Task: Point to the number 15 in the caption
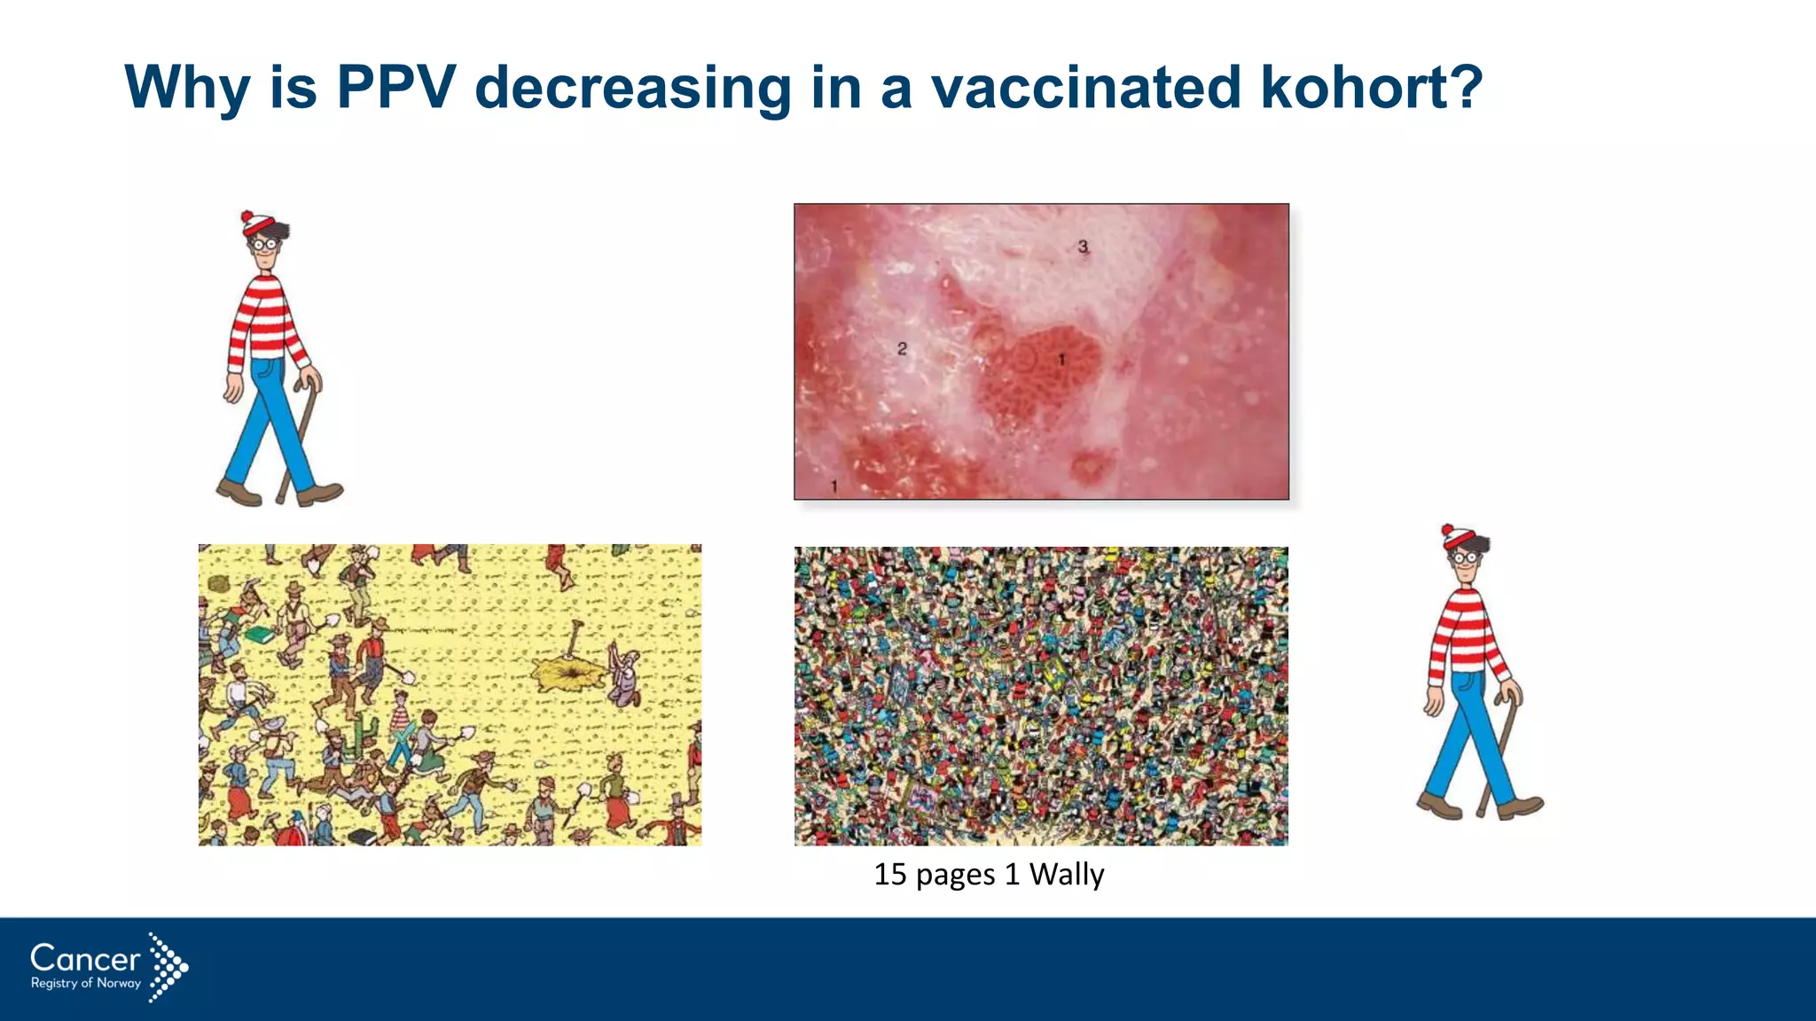click(x=889, y=875)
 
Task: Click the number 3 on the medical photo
click(x=1083, y=246)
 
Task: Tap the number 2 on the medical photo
click(x=902, y=348)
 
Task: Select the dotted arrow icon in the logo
click(x=168, y=966)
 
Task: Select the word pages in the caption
click(x=955, y=875)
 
